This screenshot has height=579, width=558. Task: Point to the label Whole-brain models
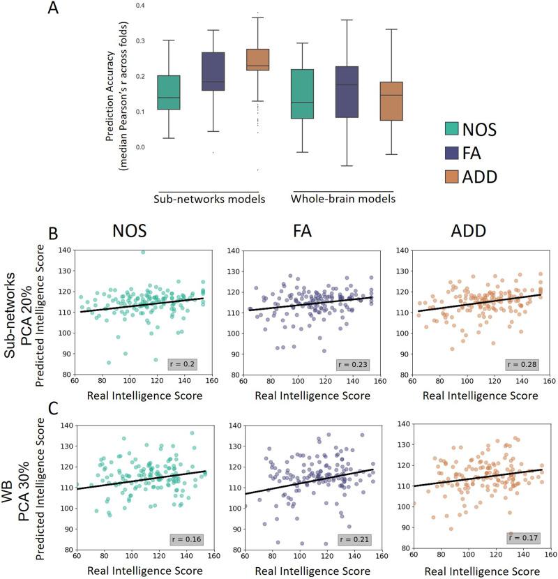(342, 199)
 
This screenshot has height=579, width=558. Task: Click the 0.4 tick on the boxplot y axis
(140, 6)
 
